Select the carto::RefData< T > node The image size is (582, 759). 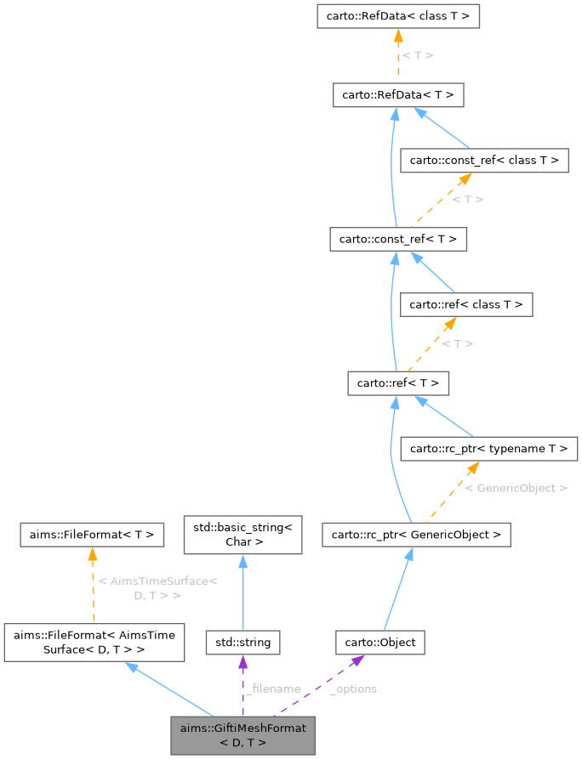click(x=397, y=95)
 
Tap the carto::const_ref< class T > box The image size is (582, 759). click(x=484, y=160)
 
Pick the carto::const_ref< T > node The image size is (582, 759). click(x=397, y=240)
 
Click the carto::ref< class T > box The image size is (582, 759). click(x=467, y=304)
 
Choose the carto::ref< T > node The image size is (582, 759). click(x=397, y=383)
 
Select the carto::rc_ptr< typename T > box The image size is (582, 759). click(x=489, y=448)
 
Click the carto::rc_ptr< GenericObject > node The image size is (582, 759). click(x=416, y=535)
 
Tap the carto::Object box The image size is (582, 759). click(x=379, y=643)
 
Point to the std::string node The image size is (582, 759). click(x=242, y=643)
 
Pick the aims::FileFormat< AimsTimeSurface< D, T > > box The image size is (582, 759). click(x=94, y=643)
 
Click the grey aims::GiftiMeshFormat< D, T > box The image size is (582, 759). click(x=242, y=734)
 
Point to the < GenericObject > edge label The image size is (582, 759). click(x=516, y=489)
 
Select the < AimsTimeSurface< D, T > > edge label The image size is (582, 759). click(x=157, y=588)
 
